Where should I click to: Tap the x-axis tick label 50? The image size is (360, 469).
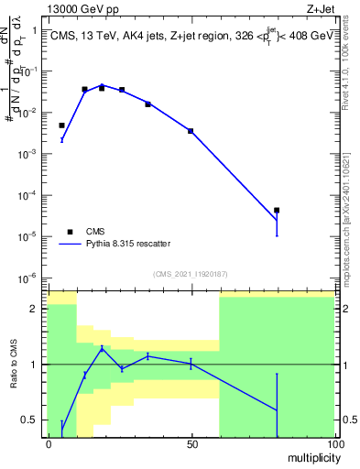coord(191,443)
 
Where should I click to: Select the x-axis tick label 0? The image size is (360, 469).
coord(49,443)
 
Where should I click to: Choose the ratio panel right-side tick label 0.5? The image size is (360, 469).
coord(349,420)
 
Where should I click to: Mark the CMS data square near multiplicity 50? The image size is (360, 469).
coord(191,131)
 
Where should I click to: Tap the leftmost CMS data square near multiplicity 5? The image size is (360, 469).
coord(62,125)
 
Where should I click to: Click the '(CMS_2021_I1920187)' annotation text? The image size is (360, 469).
coord(190,273)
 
